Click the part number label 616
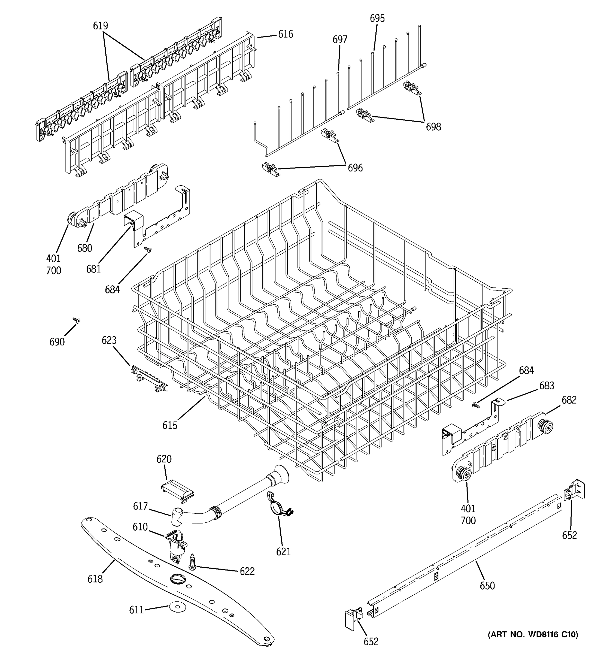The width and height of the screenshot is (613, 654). tap(285, 34)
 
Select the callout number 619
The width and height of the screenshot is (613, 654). tap(100, 26)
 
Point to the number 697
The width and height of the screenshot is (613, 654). tap(340, 40)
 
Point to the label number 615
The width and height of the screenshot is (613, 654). tap(170, 425)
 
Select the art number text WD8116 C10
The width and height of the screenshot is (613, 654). tap(532, 634)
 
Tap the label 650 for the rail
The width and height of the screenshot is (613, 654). tap(487, 586)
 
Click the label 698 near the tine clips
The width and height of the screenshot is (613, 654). tap(433, 127)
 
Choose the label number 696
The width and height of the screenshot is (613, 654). tap(355, 168)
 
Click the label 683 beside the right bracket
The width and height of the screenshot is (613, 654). tap(546, 386)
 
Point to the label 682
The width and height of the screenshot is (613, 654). tap(569, 400)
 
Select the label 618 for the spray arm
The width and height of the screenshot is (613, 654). tap(95, 579)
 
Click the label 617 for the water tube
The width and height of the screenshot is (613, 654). tap(140, 506)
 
